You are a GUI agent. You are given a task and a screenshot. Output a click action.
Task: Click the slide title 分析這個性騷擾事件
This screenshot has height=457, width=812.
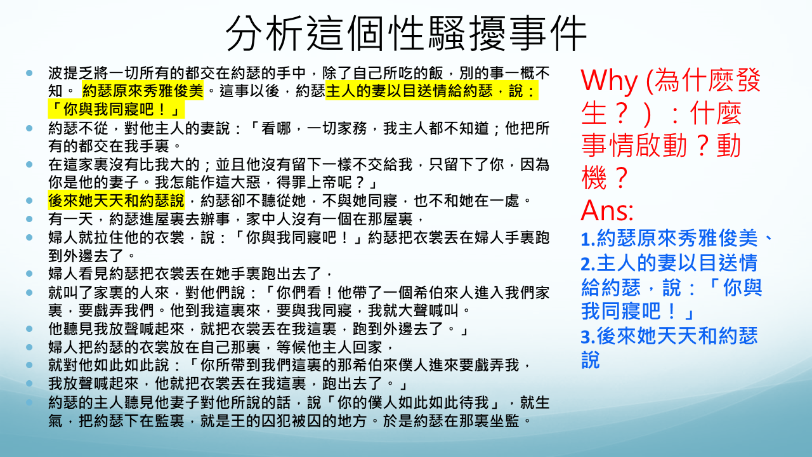point(406,34)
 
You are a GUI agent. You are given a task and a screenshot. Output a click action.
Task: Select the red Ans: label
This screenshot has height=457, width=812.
point(607,210)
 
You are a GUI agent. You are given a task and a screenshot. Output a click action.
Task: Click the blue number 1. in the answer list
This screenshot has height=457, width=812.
point(588,239)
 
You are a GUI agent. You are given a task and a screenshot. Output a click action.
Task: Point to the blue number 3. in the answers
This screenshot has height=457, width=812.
point(588,336)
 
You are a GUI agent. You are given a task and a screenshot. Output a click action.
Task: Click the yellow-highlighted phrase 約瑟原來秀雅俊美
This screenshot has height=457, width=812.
point(143,91)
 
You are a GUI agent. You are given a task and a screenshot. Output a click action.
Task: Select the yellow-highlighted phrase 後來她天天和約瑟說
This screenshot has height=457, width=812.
point(116,201)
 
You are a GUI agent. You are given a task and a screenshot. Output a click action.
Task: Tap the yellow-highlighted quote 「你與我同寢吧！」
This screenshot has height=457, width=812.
point(116,109)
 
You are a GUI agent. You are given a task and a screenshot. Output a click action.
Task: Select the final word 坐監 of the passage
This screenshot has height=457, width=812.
point(505,421)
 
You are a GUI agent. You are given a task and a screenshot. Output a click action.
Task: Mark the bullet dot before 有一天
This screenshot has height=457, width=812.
point(29,219)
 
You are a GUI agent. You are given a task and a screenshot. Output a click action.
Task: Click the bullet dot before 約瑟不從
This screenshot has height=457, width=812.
point(29,128)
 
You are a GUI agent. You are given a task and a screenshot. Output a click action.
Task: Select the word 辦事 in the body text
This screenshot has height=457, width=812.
point(216,219)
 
